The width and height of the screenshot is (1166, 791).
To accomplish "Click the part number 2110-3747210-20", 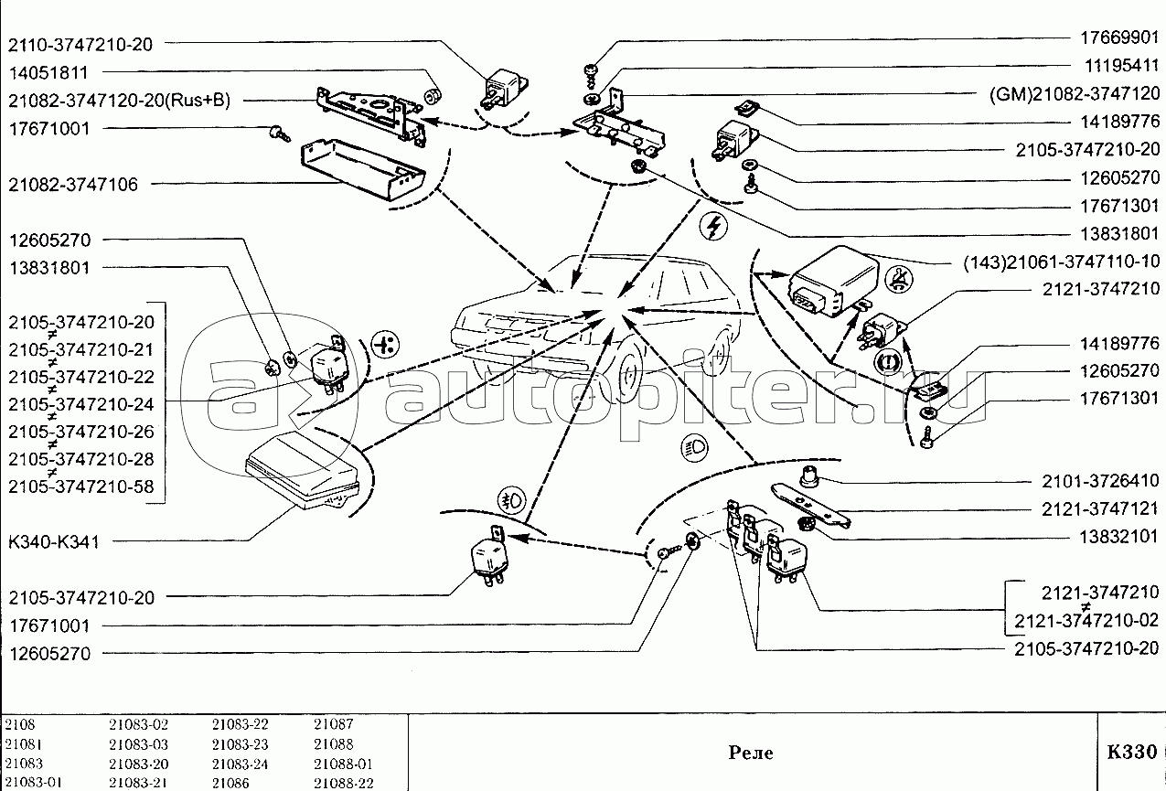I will pos(81,44).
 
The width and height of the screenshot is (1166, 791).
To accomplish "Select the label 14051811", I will pos(49,72).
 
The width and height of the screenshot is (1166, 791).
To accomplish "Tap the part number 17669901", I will pos(1116,39).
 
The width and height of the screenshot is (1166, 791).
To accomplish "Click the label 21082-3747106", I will pos(73,185).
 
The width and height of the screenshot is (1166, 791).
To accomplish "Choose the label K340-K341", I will pos(54,542).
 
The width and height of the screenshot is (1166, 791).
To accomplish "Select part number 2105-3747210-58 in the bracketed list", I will pos(81,486).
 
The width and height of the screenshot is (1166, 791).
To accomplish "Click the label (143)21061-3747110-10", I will pos(1061,262).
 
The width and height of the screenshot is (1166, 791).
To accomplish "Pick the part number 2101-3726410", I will pos(1100,481).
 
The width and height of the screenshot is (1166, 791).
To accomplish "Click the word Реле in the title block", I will pos(751,753).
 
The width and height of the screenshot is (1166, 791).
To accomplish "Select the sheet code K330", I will pos(1131,752).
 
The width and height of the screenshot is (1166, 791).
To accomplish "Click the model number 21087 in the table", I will pos(333,723).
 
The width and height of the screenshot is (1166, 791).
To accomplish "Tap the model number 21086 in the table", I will pos(230,783).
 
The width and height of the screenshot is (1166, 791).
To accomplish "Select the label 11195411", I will pos(1116,67).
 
